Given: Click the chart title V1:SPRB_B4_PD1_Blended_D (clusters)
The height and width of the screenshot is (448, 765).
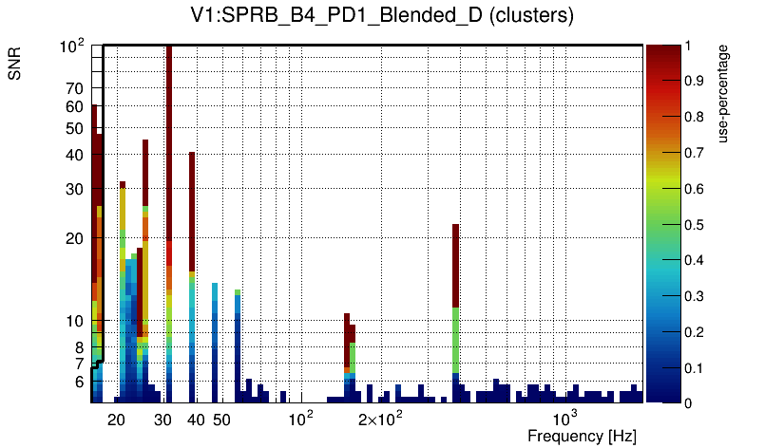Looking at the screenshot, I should [x=380, y=16].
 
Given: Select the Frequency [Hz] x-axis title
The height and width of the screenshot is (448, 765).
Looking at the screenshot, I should [x=581, y=436].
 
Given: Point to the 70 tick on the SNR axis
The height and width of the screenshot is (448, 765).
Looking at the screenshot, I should [x=75, y=88].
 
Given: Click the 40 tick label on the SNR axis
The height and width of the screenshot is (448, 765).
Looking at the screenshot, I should [x=75, y=155].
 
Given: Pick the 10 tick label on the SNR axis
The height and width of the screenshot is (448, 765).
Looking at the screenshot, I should [x=75, y=321].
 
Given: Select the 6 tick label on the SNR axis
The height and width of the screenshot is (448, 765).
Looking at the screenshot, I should [x=79, y=382].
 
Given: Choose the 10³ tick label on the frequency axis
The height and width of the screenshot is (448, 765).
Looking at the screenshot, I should [x=565, y=419].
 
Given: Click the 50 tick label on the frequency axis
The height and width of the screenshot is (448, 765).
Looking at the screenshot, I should [x=220, y=420].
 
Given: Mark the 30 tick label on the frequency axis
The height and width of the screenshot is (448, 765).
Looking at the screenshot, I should [x=163, y=420].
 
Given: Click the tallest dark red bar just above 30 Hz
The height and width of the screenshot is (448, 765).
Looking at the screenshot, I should [x=169, y=142].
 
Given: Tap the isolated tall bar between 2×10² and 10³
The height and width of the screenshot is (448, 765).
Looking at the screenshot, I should [x=456, y=266].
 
